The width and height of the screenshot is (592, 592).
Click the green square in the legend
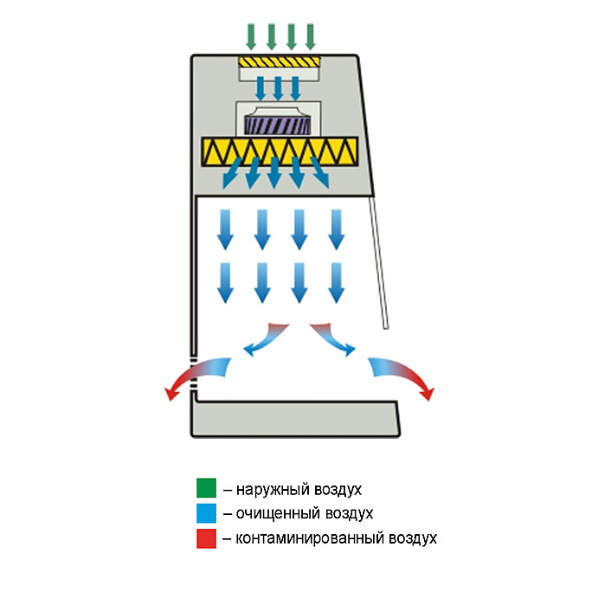[x=204, y=488]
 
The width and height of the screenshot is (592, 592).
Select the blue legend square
[x=204, y=513]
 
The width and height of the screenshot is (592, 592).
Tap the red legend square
[x=204, y=538]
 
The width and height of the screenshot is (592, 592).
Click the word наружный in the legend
[x=269, y=489]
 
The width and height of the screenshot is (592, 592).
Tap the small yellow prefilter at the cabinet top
[x=280, y=64]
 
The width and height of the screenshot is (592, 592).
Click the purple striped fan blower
[x=279, y=125]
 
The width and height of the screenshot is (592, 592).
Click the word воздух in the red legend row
[x=409, y=538]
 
